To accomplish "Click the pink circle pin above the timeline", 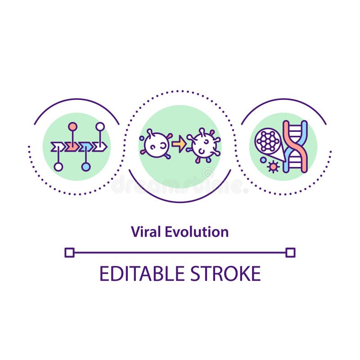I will pyautogui.click(x=72, y=126).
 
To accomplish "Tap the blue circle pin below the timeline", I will pyautogui.click(x=85, y=167).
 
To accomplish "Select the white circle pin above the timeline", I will pyautogui.click(x=100, y=126).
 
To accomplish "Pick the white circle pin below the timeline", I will pyautogui.click(x=58, y=167).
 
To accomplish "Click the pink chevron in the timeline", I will pyautogui.click(x=72, y=147).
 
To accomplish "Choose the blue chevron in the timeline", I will pyautogui.click(x=85, y=147).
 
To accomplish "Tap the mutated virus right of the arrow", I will pyautogui.click(x=203, y=145).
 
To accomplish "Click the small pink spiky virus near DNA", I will pyautogui.click(x=273, y=166).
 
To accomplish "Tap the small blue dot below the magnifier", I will pyautogui.click(x=263, y=160).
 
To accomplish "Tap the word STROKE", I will pyautogui.click(x=225, y=274).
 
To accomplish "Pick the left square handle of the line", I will pyautogui.click(x=69, y=252).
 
